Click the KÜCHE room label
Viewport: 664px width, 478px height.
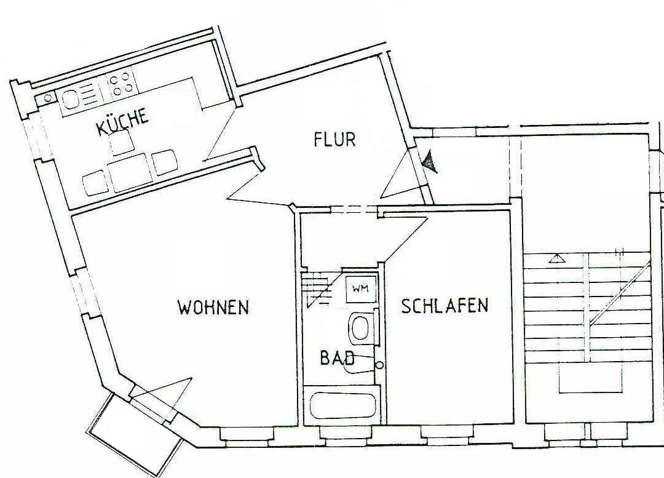point(122,122)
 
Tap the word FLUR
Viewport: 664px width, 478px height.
point(334,140)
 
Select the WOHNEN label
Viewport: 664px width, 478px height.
point(213,307)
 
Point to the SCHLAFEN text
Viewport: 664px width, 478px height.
point(445,306)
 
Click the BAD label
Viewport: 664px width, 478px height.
point(336,358)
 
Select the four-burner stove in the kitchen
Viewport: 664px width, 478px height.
point(121,84)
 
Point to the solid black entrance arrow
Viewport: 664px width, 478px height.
point(430,162)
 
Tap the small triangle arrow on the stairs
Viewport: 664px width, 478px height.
point(557,258)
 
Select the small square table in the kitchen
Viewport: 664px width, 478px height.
point(122,143)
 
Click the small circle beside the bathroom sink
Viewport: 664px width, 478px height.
point(379,365)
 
